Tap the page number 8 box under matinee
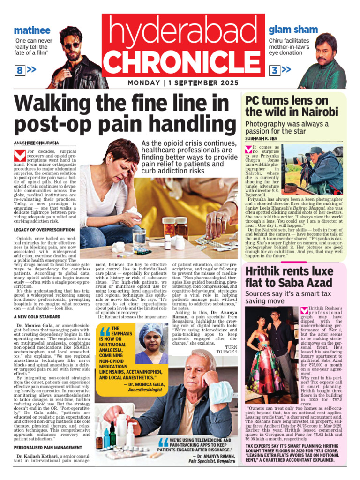tap(20, 71)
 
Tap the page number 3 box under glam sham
tap(275, 70)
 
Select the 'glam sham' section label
tap(293, 30)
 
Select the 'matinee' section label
tap(32, 30)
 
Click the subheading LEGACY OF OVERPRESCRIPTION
tap(44, 230)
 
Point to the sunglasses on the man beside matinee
tap(72, 45)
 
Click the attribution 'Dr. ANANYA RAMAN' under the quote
tap(212, 455)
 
